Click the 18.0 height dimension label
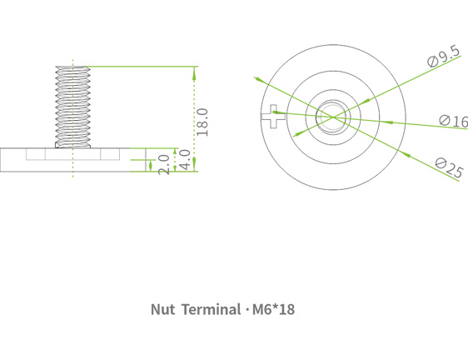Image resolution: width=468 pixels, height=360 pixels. pyautogui.click(x=202, y=122)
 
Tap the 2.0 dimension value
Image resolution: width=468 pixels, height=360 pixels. pyautogui.click(x=164, y=162)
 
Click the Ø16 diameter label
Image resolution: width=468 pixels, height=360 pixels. pyautogui.click(x=453, y=122)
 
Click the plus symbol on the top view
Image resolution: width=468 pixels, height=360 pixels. pyautogui.click(x=273, y=118)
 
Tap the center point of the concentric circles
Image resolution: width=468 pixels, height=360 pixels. pyautogui.click(x=331, y=117)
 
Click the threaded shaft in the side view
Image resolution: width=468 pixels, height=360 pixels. pyautogui.click(x=72, y=104)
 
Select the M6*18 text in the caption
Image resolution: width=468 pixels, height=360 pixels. pyautogui.click(x=273, y=309)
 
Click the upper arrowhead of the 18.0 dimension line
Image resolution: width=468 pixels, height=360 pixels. pyautogui.click(x=195, y=71)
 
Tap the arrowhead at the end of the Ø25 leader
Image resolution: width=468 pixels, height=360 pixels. pyautogui.click(x=258, y=78)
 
